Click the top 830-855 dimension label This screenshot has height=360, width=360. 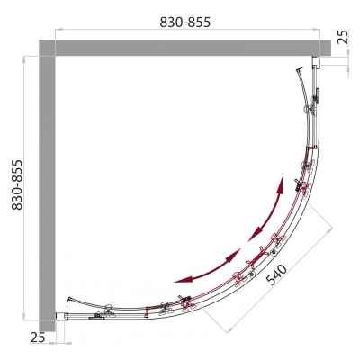185,22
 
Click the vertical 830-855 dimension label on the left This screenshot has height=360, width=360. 17,184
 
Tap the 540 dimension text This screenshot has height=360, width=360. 276,274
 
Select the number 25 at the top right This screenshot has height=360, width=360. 344,37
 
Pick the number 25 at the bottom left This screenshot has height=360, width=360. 38,337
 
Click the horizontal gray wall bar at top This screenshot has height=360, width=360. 184,48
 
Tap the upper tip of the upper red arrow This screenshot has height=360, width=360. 282,176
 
